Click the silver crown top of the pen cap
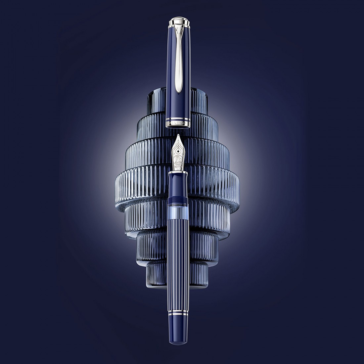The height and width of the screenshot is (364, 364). coord(178,22)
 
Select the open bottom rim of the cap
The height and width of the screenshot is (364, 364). coord(178,126)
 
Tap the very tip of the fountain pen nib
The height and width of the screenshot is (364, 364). coord(178,135)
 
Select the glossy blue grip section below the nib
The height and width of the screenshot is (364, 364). coord(178,185)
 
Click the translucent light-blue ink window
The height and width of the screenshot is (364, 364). coord(178,212)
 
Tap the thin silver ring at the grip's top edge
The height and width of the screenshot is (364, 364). coord(178,173)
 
